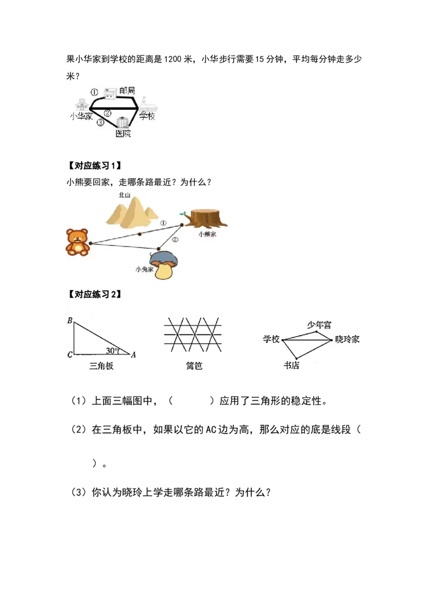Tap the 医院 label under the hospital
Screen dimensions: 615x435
[x=123, y=134]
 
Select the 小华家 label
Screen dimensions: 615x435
[x=81, y=116]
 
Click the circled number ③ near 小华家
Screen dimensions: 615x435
[x=100, y=123]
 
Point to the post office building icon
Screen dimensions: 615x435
[x=110, y=92]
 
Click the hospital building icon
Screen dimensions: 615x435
[x=122, y=122]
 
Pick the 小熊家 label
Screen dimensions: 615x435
[x=207, y=234]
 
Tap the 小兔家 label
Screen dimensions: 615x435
[x=145, y=269]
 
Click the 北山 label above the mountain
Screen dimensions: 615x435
[x=125, y=194]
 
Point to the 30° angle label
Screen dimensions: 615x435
[x=113, y=350]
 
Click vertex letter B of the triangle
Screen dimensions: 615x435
[x=70, y=321]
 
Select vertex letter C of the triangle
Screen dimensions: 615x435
[x=70, y=355]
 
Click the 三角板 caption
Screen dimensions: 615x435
[x=101, y=366]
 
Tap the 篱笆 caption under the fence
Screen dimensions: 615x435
[x=194, y=366]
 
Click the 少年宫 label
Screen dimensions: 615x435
[x=319, y=325]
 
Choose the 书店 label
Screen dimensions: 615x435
[x=291, y=366]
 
